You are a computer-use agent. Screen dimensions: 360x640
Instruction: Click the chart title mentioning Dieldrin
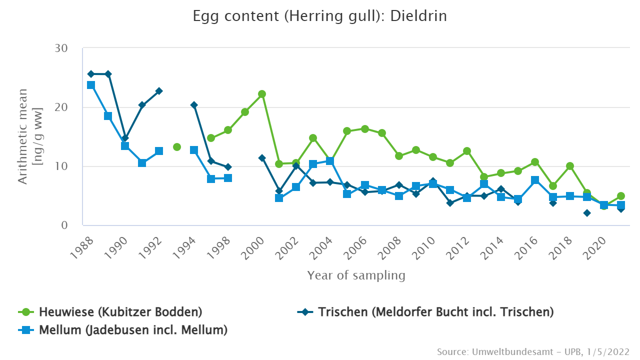320,16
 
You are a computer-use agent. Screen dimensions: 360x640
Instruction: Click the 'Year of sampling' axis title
356,275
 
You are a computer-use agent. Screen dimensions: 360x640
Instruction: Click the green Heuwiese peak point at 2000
261,94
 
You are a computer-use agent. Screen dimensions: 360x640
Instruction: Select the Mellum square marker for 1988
91,85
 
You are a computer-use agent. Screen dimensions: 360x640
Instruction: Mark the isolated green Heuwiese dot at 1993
176,147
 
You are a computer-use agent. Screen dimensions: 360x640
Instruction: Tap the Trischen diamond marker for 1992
159,91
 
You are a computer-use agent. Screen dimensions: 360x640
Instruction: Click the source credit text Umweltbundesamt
533,352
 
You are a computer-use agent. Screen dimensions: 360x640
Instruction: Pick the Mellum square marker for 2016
535,180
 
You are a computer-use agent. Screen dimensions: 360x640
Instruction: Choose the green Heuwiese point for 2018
569,166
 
